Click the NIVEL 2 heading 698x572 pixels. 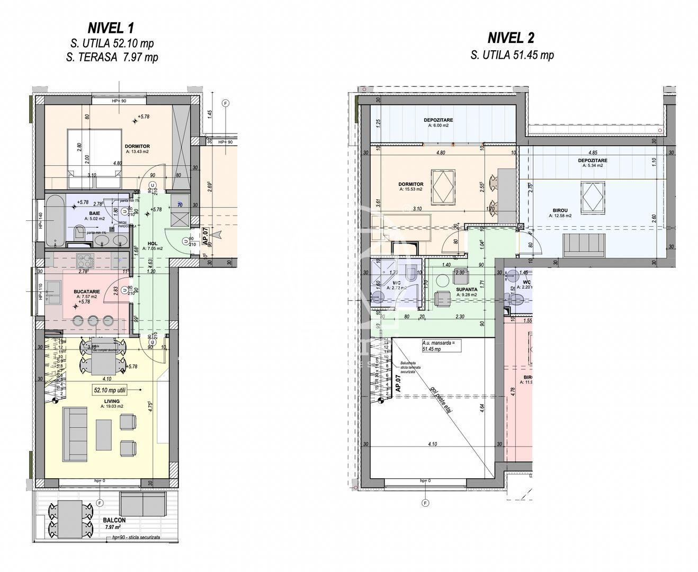tap(511, 38)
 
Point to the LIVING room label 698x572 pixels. tap(112, 401)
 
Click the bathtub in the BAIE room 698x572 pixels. tap(56, 220)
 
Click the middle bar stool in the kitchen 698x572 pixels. tap(94, 320)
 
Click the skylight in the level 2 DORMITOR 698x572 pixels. tap(443, 186)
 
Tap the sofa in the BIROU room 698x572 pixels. tap(584, 244)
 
